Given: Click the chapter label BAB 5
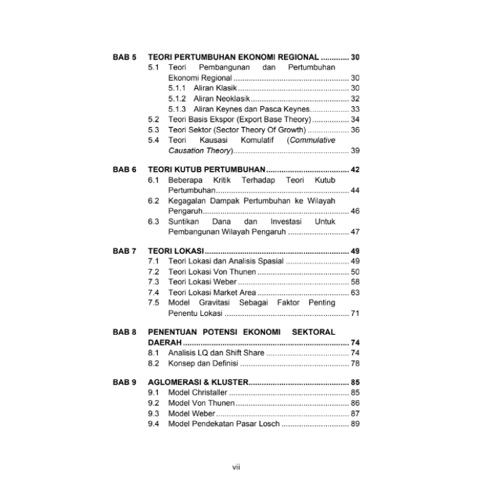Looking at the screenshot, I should pos(124,57).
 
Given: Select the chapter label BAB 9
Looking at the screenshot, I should pos(124,382).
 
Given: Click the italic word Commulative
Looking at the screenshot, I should pos(311,140).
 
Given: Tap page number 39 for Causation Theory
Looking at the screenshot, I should pos(355,151).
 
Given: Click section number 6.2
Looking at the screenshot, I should pos(154,200).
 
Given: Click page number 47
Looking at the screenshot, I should pos(355,232).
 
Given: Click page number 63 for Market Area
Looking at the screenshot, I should pos(355,293).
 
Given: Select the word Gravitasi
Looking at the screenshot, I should pos(220,303).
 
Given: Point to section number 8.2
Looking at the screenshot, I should pos(154,363).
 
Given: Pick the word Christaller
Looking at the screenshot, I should pos(209,393).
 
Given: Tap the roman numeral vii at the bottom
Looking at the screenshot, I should pos(236,467).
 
